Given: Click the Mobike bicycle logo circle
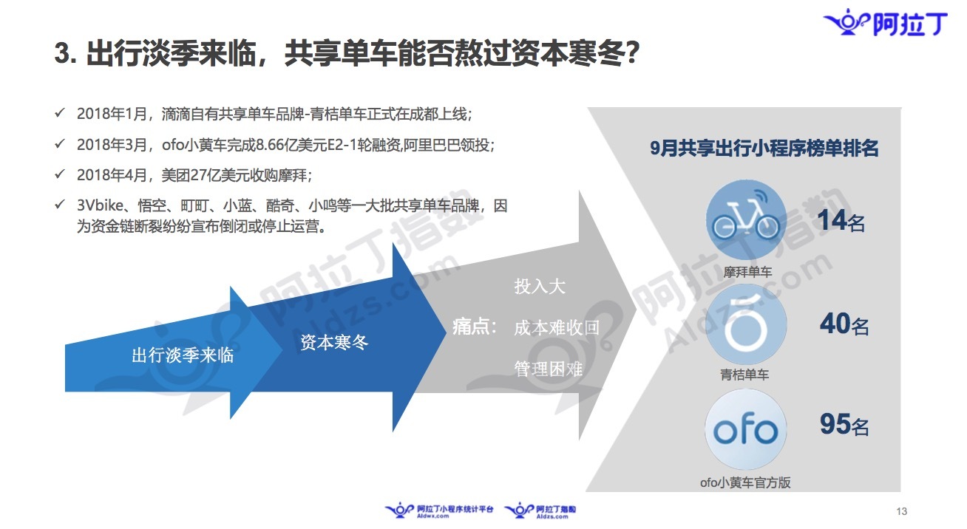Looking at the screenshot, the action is pyautogui.click(x=745, y=220).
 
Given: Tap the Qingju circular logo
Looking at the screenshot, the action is pyautogui.click(x=745, y=324).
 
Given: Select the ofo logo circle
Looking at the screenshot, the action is pyautogui.click(x=745, y=429).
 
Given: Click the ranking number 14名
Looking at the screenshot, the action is pyautogui.click(x=841, y=220).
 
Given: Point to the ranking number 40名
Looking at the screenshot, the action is pyautogui.click(x=844, y=324).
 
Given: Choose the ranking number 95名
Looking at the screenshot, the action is pyautogui.click(x=844, y=424).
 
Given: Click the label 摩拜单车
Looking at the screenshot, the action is pyautogui.click(x=747, y=272).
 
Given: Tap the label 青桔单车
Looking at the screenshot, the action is pyautogui.click(x=744, y=375).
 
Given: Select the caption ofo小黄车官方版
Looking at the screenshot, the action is pyautogui.click(x=745, y=482).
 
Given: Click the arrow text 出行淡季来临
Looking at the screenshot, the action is pyautogui.click(x=183, y=355).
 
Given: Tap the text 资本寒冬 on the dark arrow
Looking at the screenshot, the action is pyautogui.click(x=335, y=343).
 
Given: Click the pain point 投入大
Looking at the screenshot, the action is pyautogui.click(x=540, y=286).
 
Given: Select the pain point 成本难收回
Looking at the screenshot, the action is pyautogui.click(x=557, y=328).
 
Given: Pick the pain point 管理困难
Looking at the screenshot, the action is pyautogui.click(x=549, y=369).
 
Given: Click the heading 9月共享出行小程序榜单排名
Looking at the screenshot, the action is pyautogui.click(x=764, y=148).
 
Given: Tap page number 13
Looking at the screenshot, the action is pyautogui.click(x=901, y=511).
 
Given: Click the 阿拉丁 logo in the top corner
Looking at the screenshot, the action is pyautogui.click(x=886, y=22).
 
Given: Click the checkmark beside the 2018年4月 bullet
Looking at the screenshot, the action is pyautogui.click(x=60, y=174).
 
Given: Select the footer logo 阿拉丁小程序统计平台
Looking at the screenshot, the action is pyautogui.click(x=438, y=511).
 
